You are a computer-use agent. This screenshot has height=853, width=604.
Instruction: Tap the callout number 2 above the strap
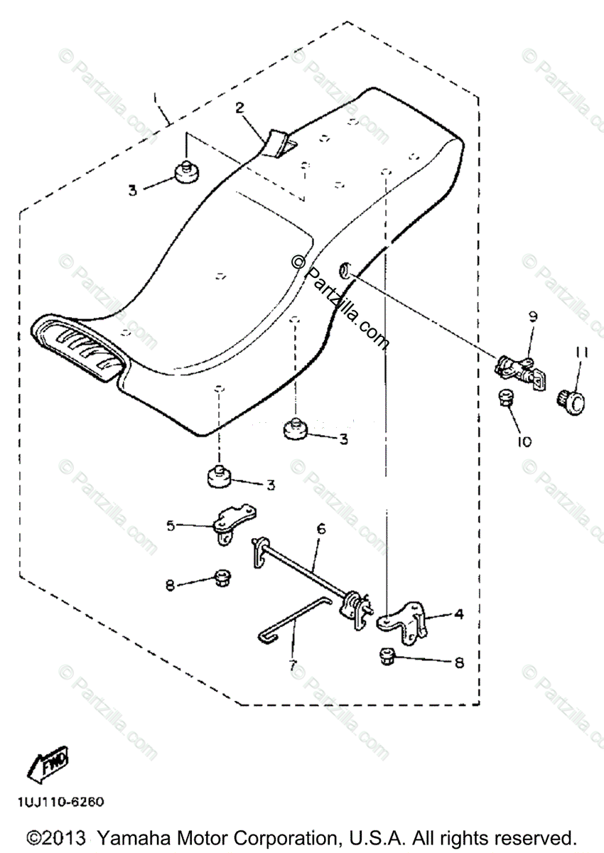(240, 108)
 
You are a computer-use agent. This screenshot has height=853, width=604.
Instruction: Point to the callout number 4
(460, 613)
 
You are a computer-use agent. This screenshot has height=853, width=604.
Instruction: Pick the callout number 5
(171, 526)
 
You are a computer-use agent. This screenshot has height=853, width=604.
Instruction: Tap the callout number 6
(321, 530)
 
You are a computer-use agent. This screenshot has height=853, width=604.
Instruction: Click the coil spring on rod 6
(351, 604)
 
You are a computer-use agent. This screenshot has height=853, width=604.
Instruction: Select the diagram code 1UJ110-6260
(62, 802)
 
